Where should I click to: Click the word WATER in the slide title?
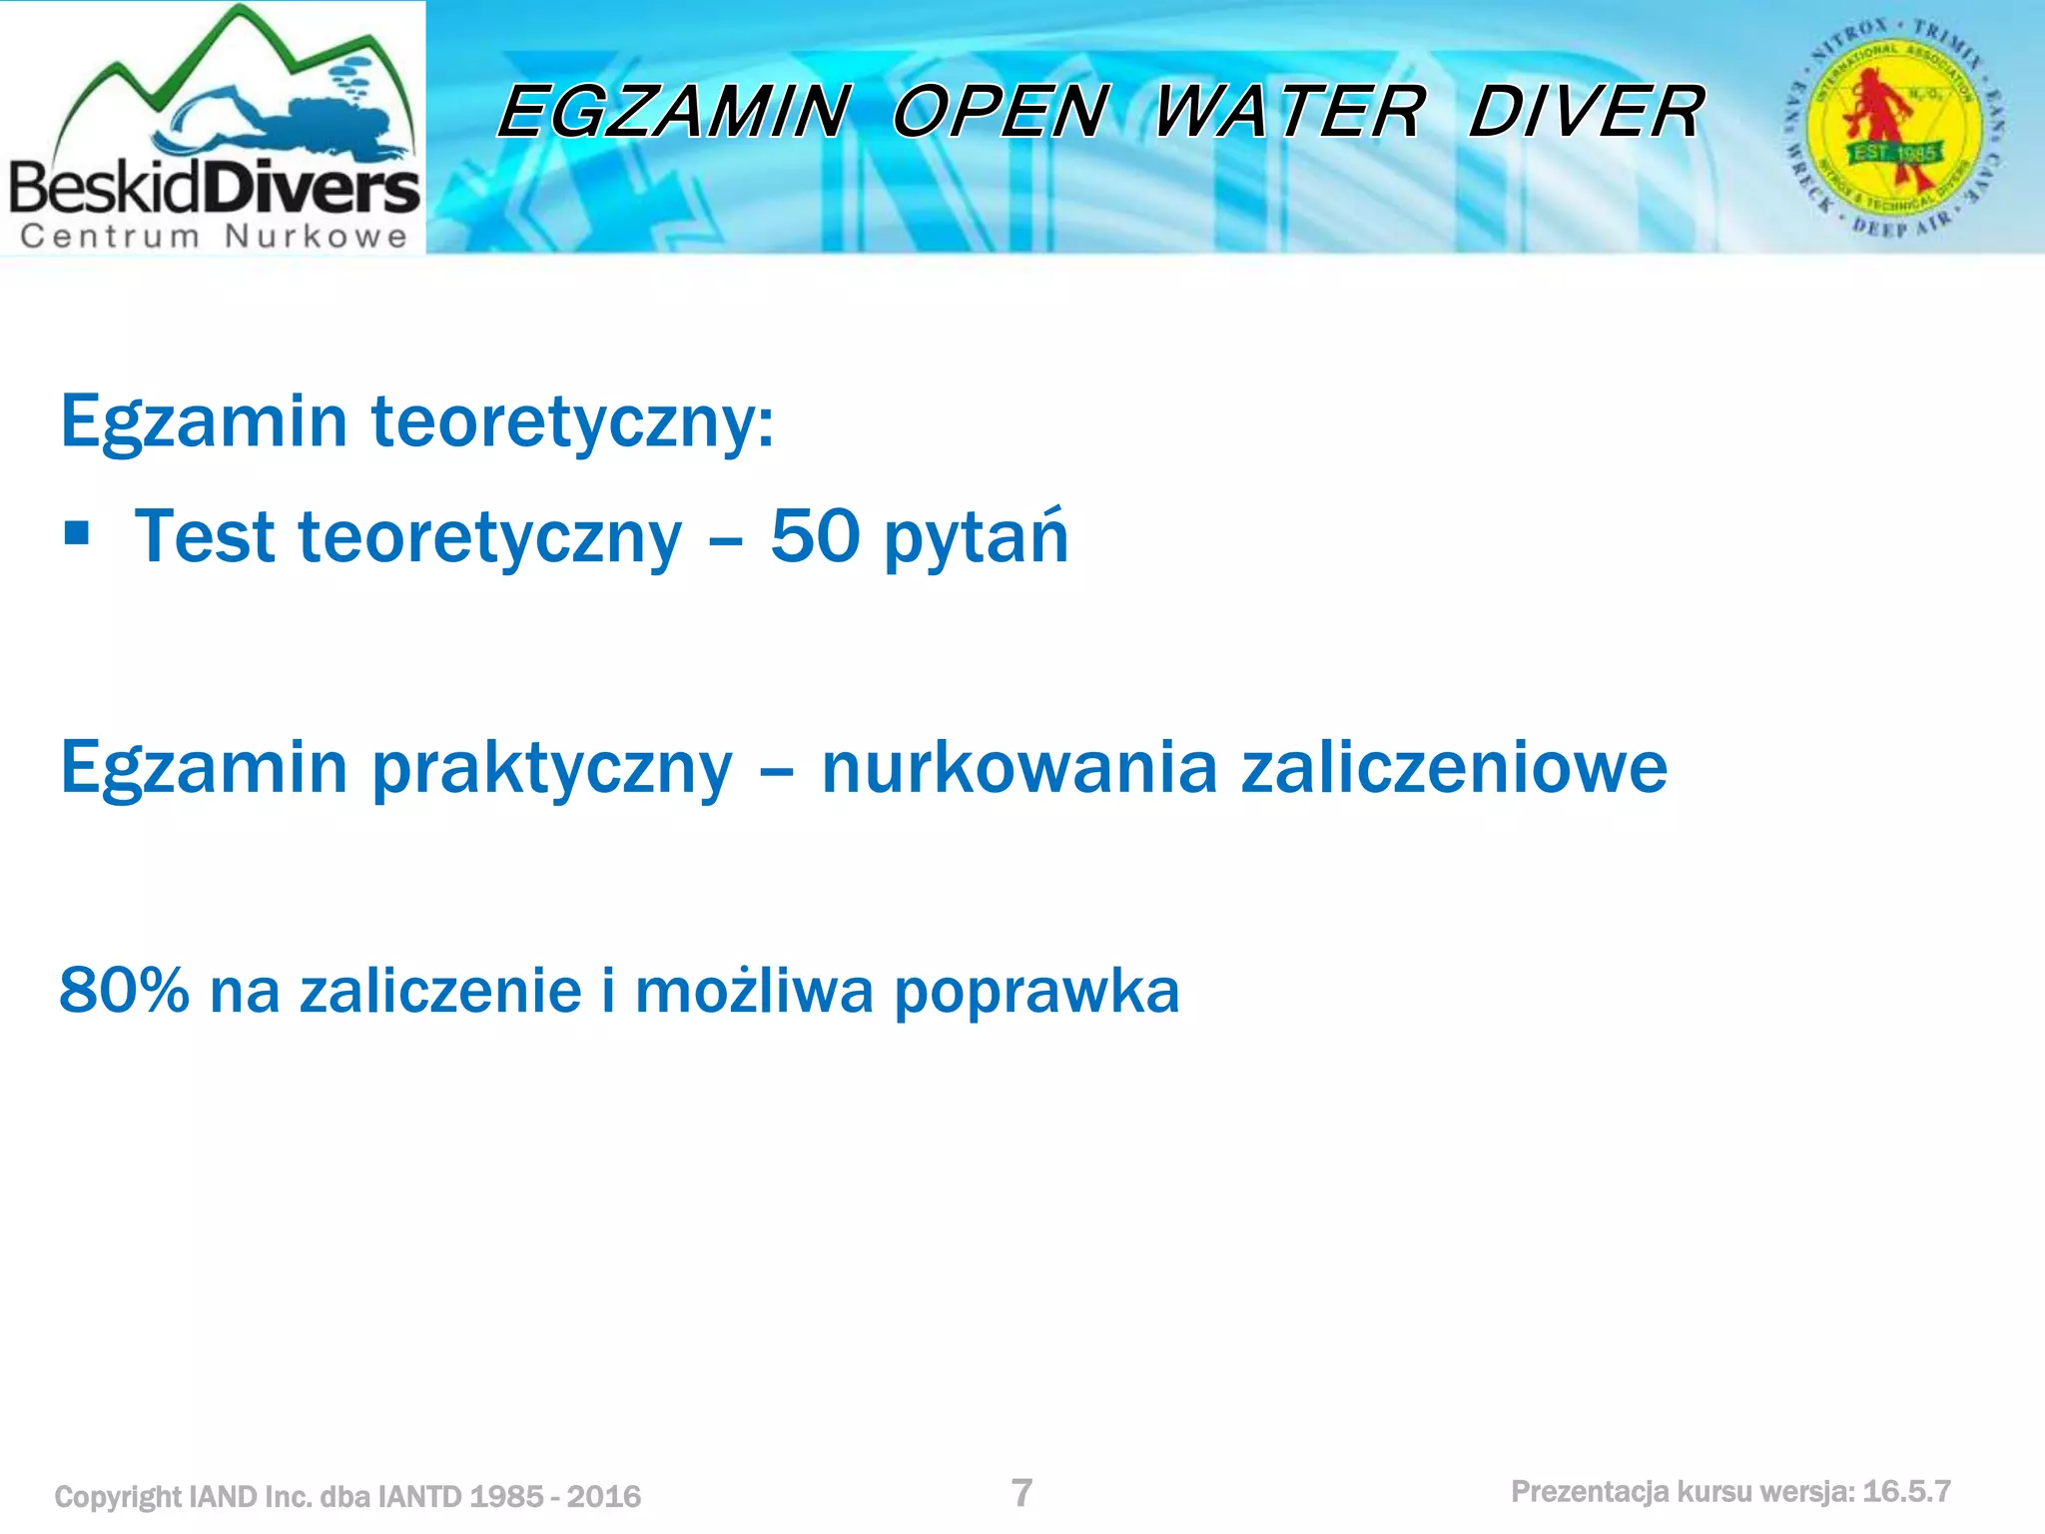pyautogui.click(x=1289, y=111)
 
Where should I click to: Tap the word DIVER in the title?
pyautogui.click(x=1586, y=111)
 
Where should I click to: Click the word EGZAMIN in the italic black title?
pyautogui.click(x=675, y=111)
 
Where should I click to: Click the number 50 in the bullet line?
pyautogui.click(x=815, y=537)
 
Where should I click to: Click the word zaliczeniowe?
pyautogui.click(x=1454, y=768)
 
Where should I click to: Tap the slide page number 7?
pyautogui.click(x=1022, y=1493)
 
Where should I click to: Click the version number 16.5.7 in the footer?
pyautogui.click(x=1906, y=1492)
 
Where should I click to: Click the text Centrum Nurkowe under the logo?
pyautogui.click(x=214, y=237)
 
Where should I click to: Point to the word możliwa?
pyautogui.click(x=754, y=991)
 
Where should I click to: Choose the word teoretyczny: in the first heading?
pyautogui.click(x=572, y=422)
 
